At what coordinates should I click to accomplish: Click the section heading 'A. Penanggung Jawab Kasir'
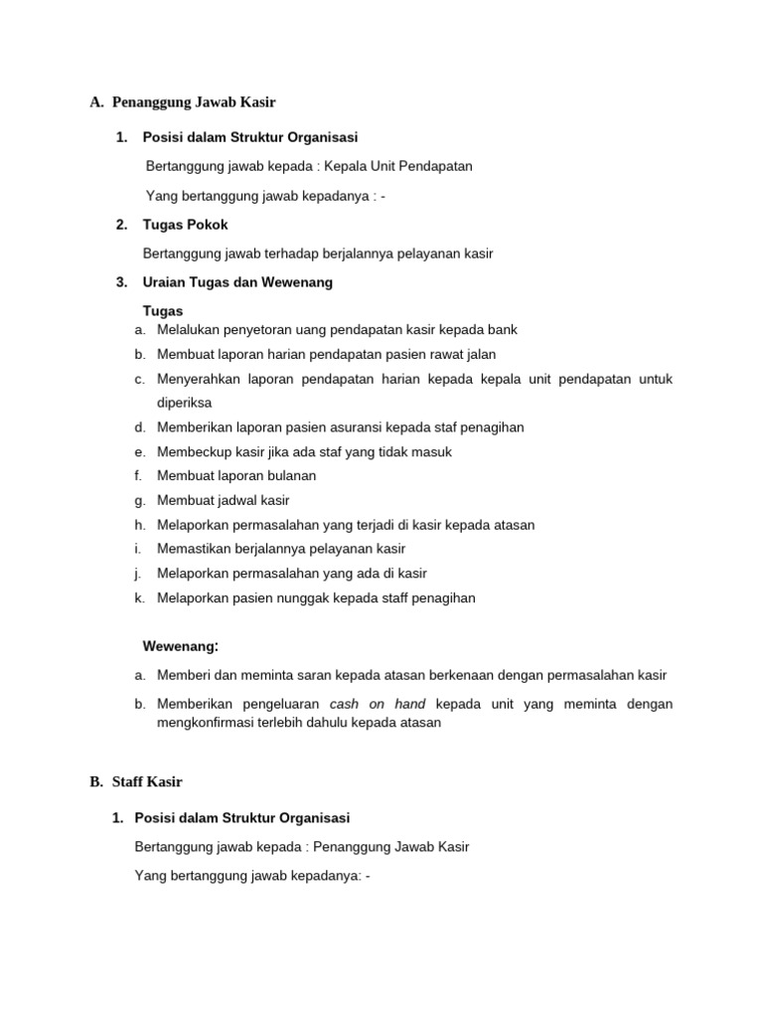(x=183, y=101)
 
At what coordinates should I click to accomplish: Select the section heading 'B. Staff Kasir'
(x=135, y=781)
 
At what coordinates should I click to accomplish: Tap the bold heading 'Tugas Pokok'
(x=185, y=225)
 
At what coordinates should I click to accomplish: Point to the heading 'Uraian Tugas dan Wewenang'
(x=237, y=282)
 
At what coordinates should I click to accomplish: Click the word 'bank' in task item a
(x=502, y=329)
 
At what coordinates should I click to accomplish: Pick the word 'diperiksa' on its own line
(x=185, y=403)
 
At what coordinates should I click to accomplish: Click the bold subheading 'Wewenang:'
(x=180, y=646)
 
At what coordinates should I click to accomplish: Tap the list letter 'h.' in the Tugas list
(x=140, y=525)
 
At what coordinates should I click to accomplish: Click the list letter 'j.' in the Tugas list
(x=139, y=574)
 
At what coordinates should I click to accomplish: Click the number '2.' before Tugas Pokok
(x=121, y=225)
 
